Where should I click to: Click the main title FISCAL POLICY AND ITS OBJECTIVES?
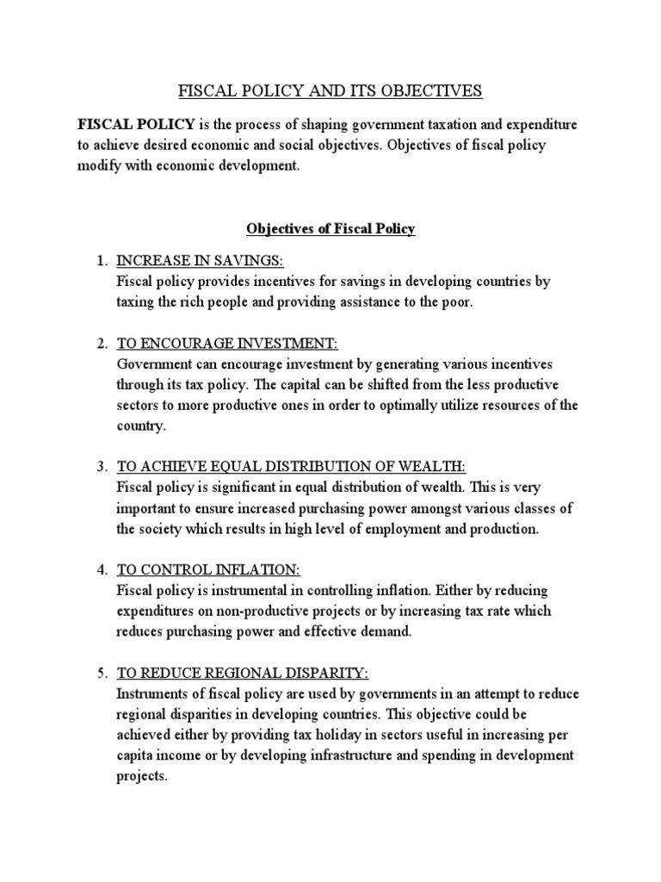tap(330, 90)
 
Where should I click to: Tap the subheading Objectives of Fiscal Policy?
tap(330, 228)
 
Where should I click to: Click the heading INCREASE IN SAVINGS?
tap(199, 261)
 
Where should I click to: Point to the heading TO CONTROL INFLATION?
tap(208, 570)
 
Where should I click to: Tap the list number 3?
tap(102, 467)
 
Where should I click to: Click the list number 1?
tap(102, 261)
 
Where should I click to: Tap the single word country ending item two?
tap(139, 426)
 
